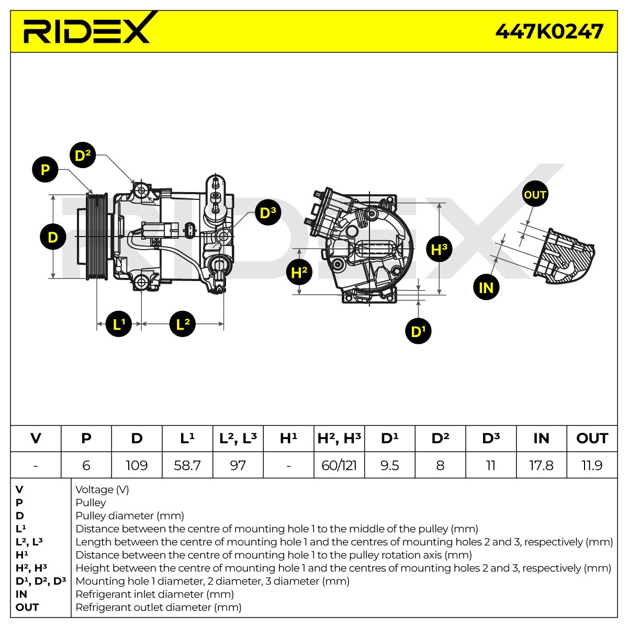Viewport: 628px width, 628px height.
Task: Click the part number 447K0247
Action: coord(549,31)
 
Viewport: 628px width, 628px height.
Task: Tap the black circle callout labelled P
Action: coord(45,170)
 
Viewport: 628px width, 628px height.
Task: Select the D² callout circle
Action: coord(83,155)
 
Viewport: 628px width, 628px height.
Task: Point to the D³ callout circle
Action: coord(268,212)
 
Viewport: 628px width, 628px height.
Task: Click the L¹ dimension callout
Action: coord(119,324)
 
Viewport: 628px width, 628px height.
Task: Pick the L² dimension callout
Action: coord(183,324)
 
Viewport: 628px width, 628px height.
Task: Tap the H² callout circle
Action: coord(299,272)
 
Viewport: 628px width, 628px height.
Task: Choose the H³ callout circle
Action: coord(439,249)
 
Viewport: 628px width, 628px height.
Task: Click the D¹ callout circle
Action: coord(418,331)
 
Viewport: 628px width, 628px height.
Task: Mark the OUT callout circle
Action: coord(535,194)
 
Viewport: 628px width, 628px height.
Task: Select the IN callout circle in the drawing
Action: coord(486,287)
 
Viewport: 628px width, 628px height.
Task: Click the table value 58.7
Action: coord(187,465)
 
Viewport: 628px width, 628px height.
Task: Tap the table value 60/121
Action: coord(339,465)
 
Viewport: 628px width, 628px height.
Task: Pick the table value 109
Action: coord(137,465)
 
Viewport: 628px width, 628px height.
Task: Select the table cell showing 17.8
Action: coord(541,465)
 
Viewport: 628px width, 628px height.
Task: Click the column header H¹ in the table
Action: coord(288,439)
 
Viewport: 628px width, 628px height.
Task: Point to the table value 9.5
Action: coord(390,465)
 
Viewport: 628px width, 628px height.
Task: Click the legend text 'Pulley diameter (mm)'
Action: coord(130,516)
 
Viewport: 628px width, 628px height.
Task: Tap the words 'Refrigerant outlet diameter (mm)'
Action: coord(159,608)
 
